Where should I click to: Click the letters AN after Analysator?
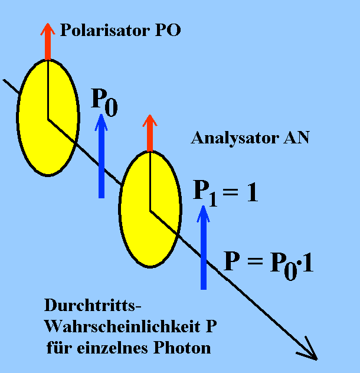[x=297, y=139]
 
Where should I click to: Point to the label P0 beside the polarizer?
[x=104, y=101]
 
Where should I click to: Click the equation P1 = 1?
[x=226, y=194]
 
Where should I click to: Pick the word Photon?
[x=184, y=348]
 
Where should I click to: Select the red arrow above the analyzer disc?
[x=150, y=133]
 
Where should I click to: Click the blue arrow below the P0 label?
[x=102, y=156]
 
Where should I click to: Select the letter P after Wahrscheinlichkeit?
[x=218, y=327]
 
